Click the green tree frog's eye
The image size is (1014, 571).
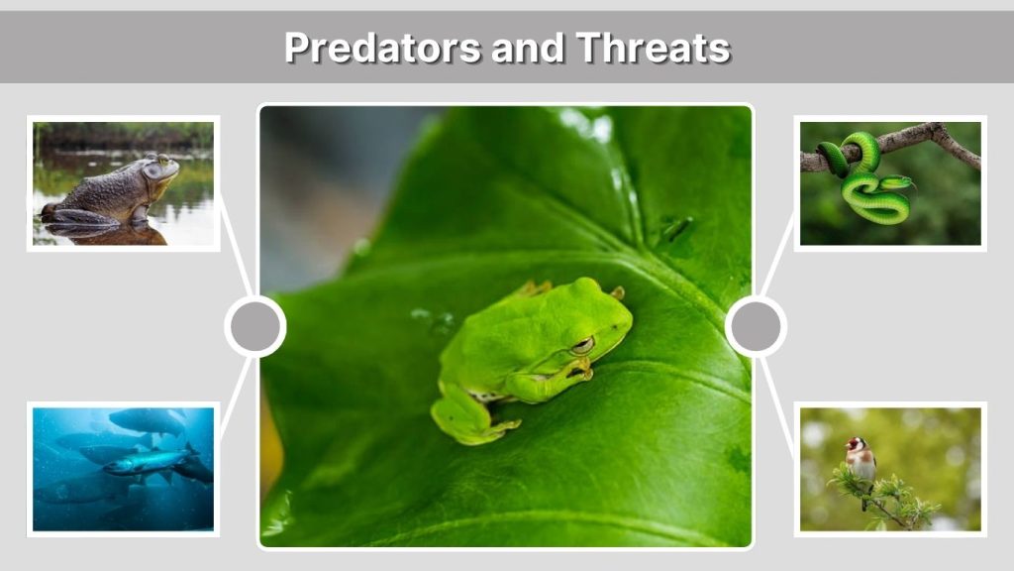(582, 344)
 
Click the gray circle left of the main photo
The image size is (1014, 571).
(254, 326)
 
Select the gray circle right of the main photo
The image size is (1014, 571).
(756, 326)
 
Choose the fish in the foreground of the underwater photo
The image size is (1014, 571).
(149, 461)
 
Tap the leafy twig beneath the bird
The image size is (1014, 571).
(881, 496)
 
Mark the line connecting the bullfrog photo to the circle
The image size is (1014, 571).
(235, 247)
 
